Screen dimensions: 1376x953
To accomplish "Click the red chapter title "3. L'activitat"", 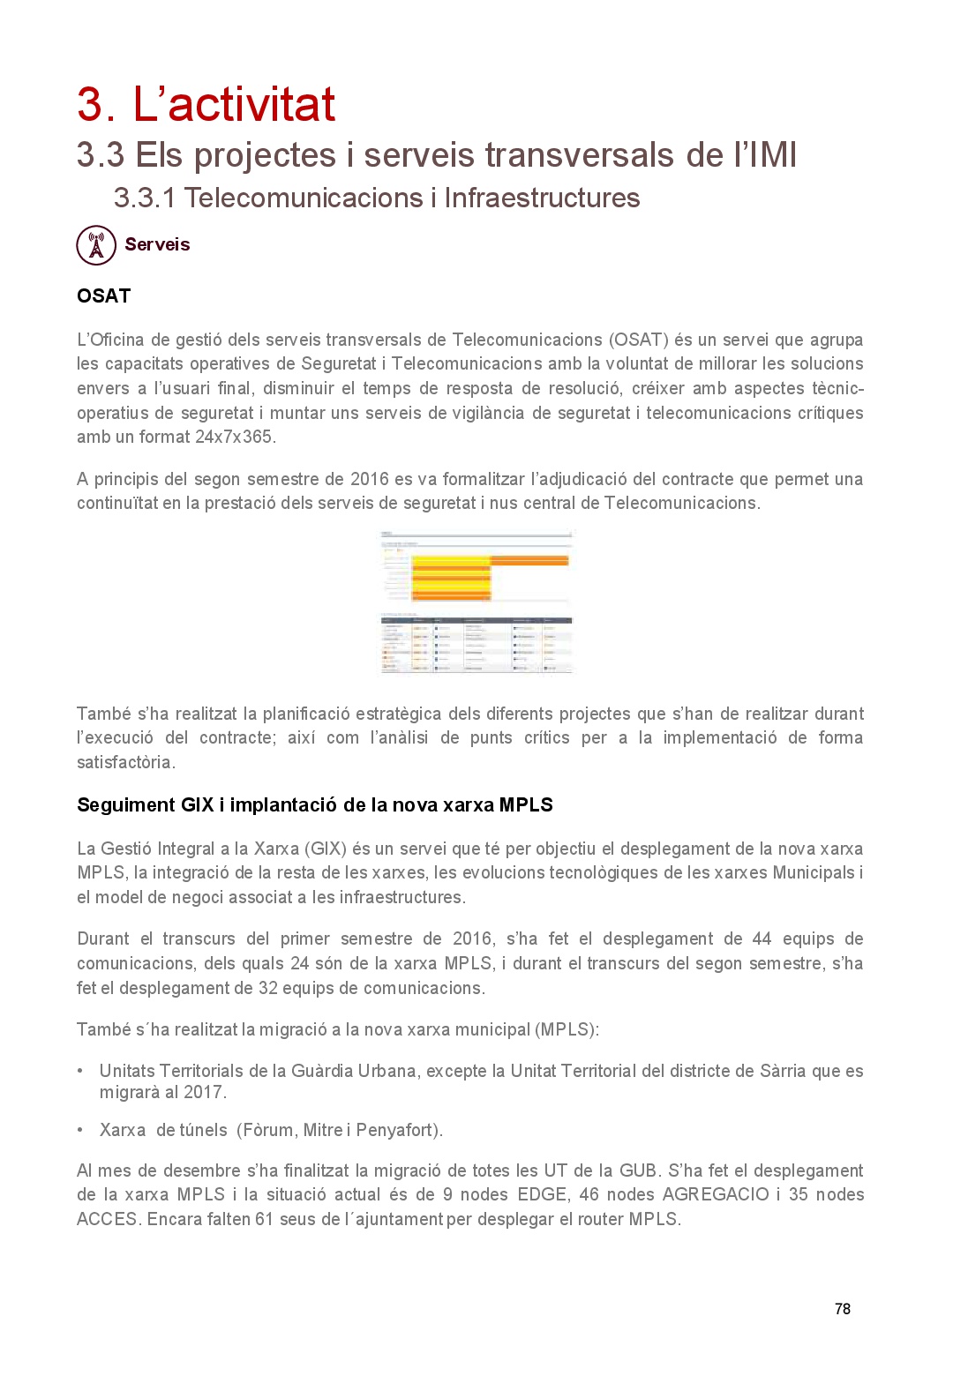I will point(206,104).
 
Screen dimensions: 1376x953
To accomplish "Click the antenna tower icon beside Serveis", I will point(96,245).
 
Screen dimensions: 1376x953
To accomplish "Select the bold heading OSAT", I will point(103,296).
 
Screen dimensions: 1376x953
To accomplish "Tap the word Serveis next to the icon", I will point(157,244).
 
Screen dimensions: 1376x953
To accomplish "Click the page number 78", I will point(842,1309).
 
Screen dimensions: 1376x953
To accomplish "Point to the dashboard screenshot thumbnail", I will point(476,602).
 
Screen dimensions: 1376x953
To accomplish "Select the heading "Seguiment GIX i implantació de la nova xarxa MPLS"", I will point(314,804).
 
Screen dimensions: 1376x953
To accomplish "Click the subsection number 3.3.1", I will point(145,198).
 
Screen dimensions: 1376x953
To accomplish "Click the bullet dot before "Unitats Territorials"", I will point(80,1071).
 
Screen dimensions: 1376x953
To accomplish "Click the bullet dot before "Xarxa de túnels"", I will point(80,1130).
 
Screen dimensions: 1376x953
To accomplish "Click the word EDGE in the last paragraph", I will point(542,1194).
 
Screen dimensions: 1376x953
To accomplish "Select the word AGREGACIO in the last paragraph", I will point(716,1194).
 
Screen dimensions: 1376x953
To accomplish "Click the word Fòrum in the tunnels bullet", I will point(268,1130).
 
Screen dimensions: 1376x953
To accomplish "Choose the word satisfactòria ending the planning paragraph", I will point(125,762).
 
